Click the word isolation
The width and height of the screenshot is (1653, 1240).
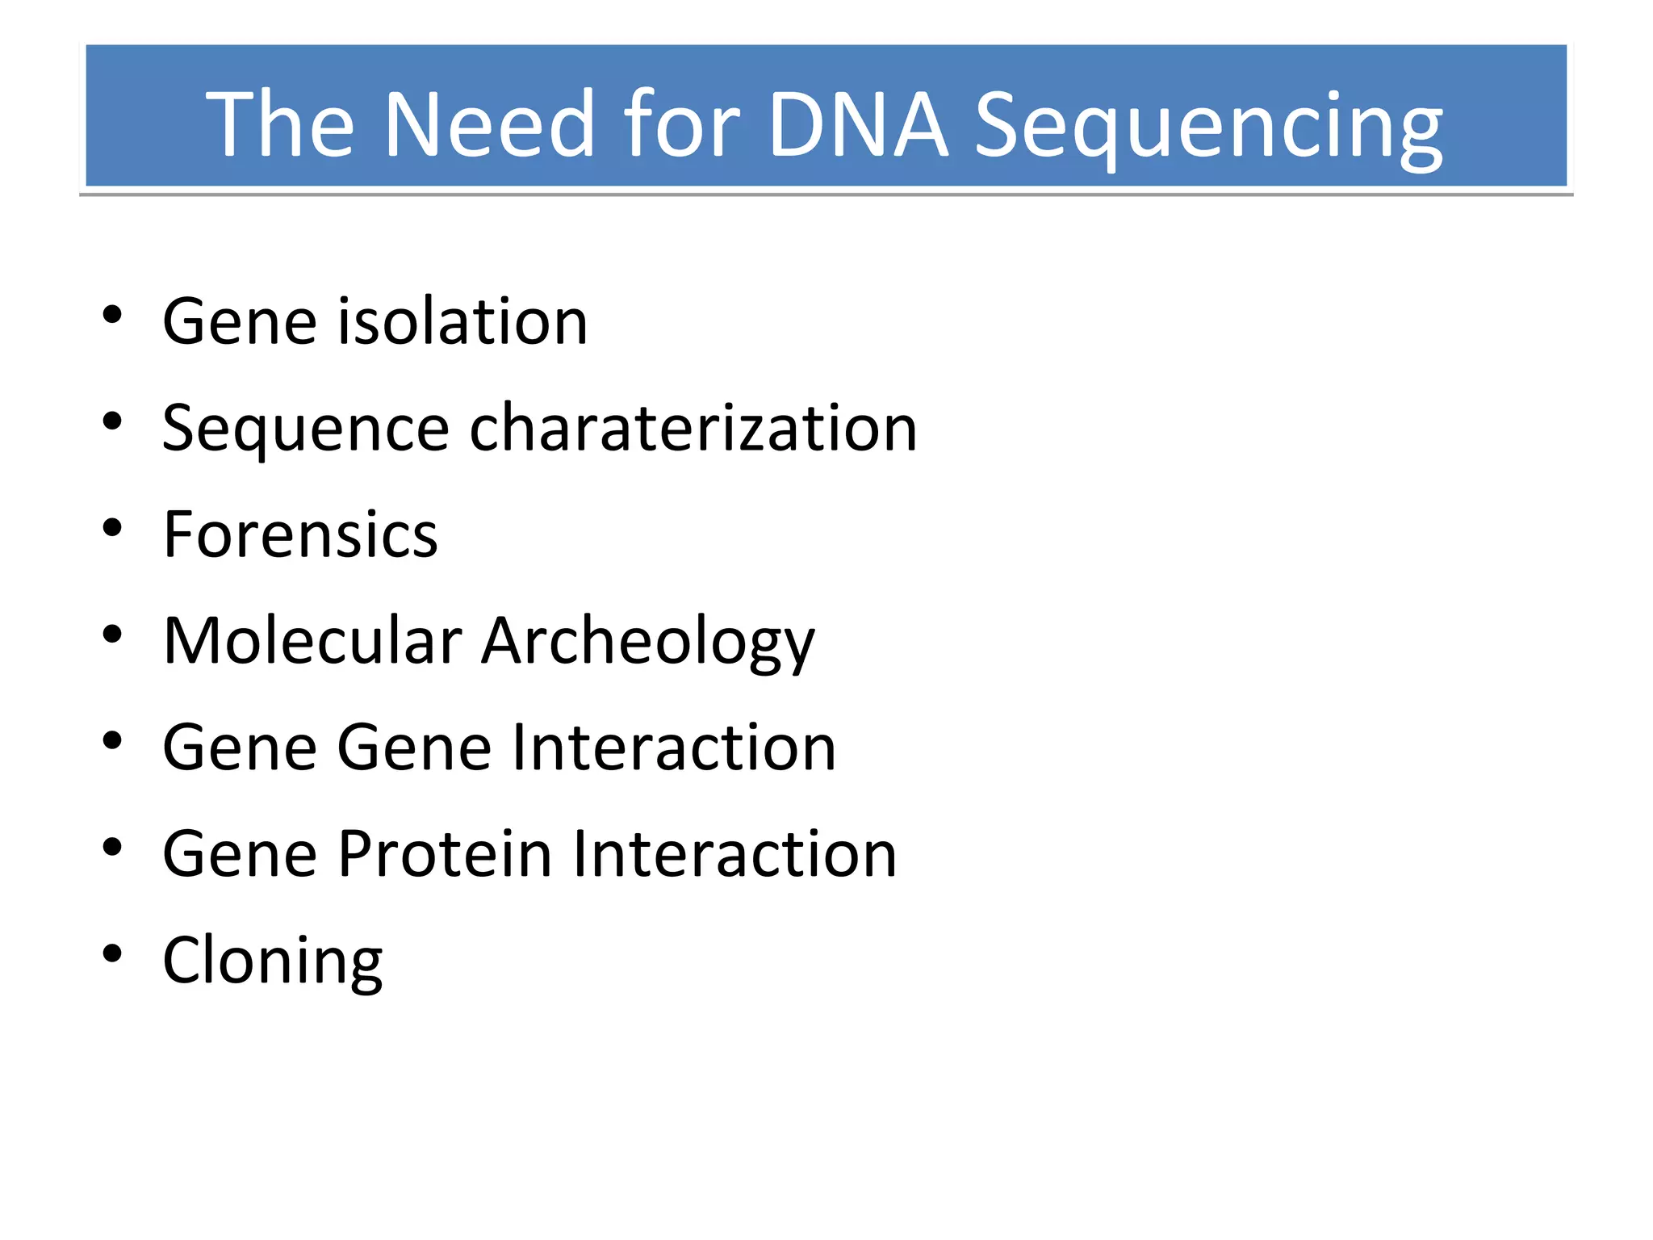[462, 321]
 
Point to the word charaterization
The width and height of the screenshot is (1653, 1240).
[693, 428]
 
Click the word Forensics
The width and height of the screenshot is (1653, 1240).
[300, 534]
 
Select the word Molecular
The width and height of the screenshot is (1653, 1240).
[312, 641]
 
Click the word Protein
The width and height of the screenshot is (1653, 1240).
[445, 854]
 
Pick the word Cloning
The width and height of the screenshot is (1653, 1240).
[273, 961]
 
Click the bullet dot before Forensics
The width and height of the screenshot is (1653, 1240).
[112, 529]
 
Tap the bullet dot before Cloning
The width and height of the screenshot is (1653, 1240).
[112, 954]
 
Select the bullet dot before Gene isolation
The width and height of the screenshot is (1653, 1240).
[112, 315]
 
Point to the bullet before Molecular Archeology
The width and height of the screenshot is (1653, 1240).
[112, 635]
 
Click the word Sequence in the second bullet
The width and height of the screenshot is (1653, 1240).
[305, 429]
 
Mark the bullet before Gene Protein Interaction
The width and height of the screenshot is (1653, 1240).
[112, 848]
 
